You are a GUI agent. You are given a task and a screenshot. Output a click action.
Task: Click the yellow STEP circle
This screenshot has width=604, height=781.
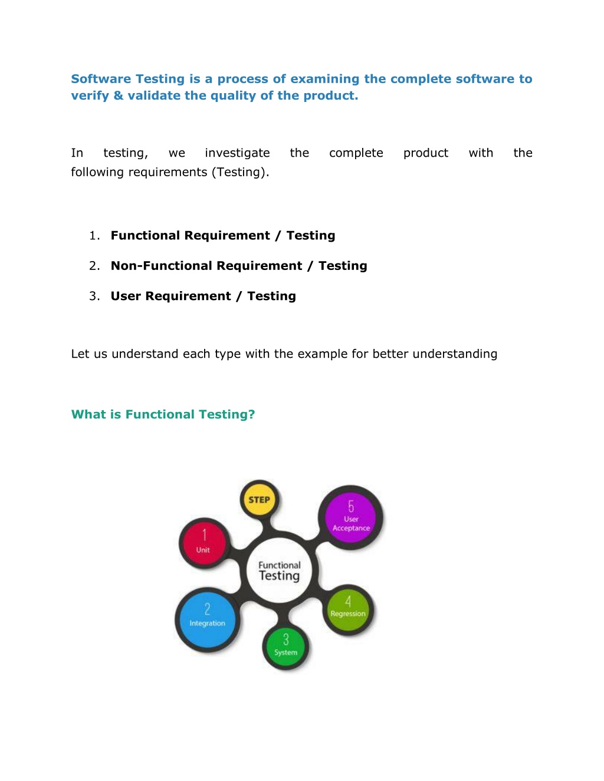click(x=259, y=500)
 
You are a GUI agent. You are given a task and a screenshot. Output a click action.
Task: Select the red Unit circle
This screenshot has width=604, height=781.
click(x=204, y=543)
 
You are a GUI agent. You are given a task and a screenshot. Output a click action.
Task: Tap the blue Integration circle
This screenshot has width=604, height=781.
click(x=207, y=620)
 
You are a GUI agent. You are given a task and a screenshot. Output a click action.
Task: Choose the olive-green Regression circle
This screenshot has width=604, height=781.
click(x=348, y=609)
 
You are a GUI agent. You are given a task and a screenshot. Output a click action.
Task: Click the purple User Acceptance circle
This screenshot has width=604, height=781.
click(x=350, y=518)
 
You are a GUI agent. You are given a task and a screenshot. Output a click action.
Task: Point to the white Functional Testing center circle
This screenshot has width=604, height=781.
click(x=280, y=571)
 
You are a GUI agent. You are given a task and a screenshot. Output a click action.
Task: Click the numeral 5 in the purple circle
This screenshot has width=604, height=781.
click(x=351, y=506)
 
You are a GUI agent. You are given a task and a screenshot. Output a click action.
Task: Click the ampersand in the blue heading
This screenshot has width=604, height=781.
click(x=119, y=95)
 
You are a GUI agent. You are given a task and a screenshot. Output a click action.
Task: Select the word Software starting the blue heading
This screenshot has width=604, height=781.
click(x=101, y=79)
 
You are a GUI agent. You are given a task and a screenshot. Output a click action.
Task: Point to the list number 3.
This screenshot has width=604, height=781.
click(x=94, y=296)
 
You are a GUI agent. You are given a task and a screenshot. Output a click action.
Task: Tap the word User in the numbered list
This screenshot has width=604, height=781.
click(x=126, y=296)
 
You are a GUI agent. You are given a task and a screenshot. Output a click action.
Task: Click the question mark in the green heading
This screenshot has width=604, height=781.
click(x=251, y=414)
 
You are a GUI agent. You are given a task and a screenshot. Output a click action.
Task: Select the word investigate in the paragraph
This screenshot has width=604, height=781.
click(x=237, y=153)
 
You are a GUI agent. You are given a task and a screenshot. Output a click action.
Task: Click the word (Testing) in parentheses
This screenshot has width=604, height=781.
click(x=241, y=172)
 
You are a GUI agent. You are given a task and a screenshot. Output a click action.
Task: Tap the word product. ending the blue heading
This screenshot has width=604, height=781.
click(x=331, y=96)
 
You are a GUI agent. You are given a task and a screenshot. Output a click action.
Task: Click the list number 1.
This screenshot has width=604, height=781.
click(x=94, y=235)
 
